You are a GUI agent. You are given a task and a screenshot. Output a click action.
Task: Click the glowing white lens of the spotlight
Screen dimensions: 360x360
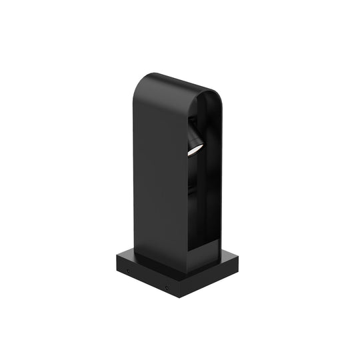(193, 151)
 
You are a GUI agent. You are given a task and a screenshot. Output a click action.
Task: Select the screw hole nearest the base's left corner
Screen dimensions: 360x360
(128, 271)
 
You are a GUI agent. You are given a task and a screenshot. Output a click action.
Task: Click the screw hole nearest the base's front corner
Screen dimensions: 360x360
(167, 287)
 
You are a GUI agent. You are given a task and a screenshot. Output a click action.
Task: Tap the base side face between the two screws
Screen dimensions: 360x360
(147, 279)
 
